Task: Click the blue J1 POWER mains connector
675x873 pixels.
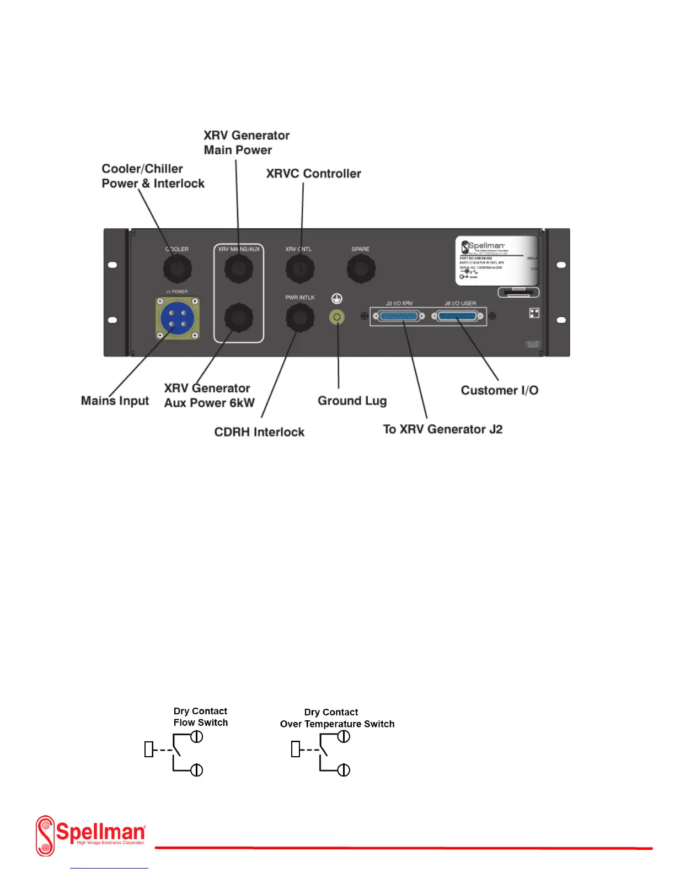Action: pos(177,318)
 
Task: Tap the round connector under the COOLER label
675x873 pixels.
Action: pos(177,269)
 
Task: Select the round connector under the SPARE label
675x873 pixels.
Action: pos(361,269)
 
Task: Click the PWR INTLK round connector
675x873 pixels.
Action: pos(299,317)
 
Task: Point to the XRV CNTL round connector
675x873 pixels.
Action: pos(299,269)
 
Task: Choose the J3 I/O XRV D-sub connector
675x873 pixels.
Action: pos(399,316)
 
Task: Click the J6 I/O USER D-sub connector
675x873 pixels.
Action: pos(457,316)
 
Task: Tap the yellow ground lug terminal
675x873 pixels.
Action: pos(336,317)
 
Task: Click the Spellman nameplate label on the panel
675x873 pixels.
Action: pos(496,260)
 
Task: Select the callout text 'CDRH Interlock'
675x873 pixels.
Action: pos(259,432)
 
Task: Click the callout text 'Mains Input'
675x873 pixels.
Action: pos(115,401)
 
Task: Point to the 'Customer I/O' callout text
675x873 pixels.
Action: pos(500,390)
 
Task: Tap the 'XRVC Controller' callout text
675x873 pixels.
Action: pos(313,174)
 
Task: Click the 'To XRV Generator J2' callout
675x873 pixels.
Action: pos(443,429)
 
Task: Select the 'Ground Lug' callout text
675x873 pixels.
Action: pos(352,401)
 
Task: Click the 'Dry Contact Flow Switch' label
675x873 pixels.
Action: pos(200,717)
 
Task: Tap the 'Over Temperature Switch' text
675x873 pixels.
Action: pos(337,724)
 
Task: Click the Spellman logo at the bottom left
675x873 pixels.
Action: pos(90,836)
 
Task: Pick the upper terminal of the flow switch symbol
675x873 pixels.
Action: pos(197,737)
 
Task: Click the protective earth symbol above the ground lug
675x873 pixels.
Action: pos(336,299)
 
